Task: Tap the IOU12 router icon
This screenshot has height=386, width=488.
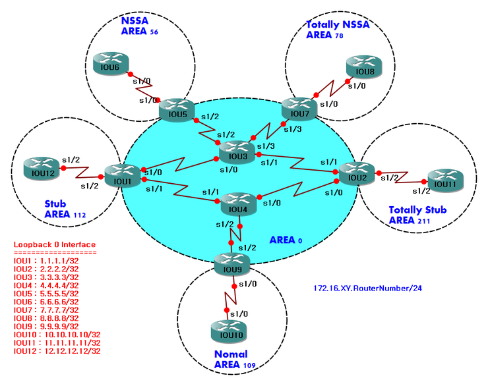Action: click(40, 167)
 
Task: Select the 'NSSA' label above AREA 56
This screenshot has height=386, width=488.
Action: click(135, 21)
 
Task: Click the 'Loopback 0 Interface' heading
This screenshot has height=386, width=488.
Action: click(54, 245)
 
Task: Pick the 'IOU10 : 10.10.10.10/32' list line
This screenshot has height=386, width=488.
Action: click(57, 335)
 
